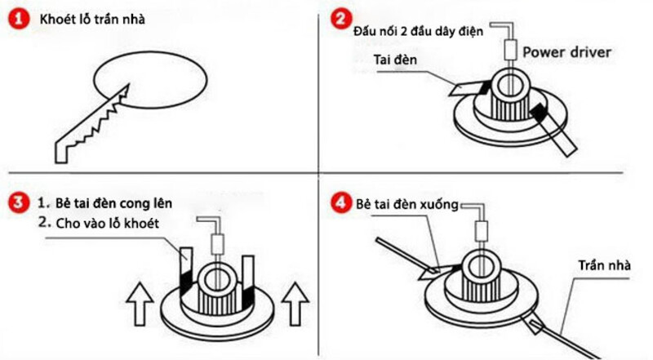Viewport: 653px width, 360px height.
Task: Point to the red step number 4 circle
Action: (341, 201)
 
